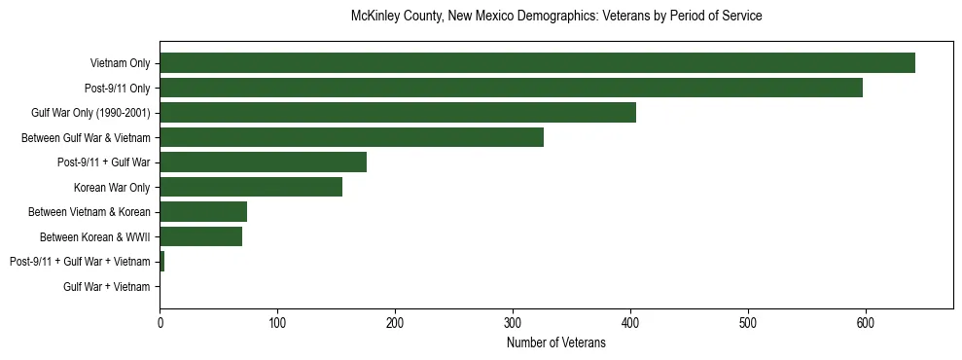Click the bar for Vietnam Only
pos(537,63)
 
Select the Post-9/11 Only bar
pos(511,88)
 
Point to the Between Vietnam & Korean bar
pos(203,212)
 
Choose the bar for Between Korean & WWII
pos(200,236)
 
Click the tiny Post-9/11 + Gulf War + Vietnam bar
pos(161,262)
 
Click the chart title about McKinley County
pos(555,17)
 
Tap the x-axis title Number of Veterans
pos(555,343)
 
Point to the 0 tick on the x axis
pos(160,323)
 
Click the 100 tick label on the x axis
pos(277,323)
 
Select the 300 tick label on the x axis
pos(513,323)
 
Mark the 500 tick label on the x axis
pos(748,323)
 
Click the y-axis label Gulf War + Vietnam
pos(106,287)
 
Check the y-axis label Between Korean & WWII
pos(94,236)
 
